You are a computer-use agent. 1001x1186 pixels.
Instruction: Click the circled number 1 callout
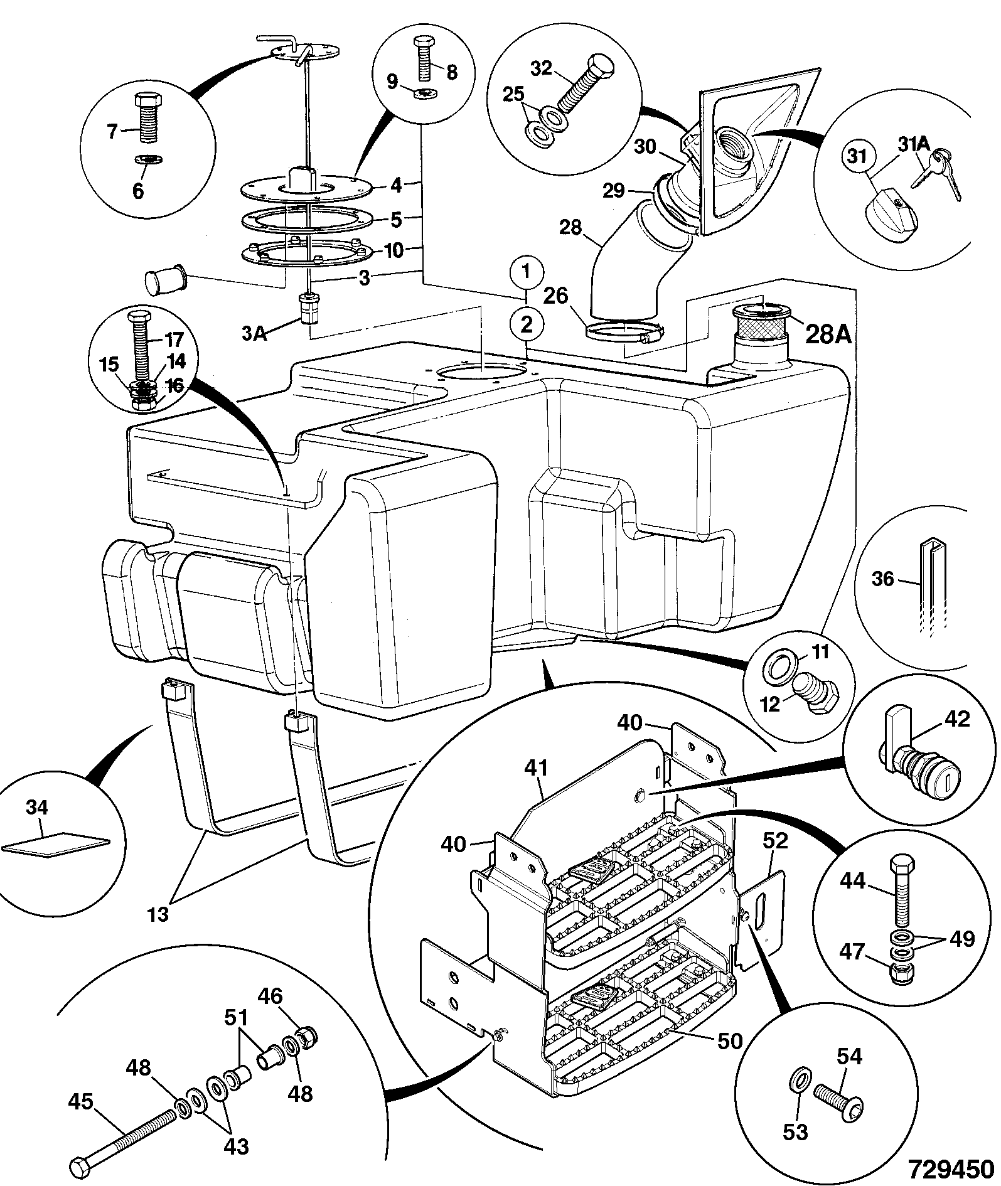[527, 272]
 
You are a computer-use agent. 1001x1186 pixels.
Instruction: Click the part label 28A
[827, 334]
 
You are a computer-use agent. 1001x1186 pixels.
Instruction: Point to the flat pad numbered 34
[55, 843]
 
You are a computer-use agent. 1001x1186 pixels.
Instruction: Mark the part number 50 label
[729, 1041]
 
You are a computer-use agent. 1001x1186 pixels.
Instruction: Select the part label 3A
[255, 333]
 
